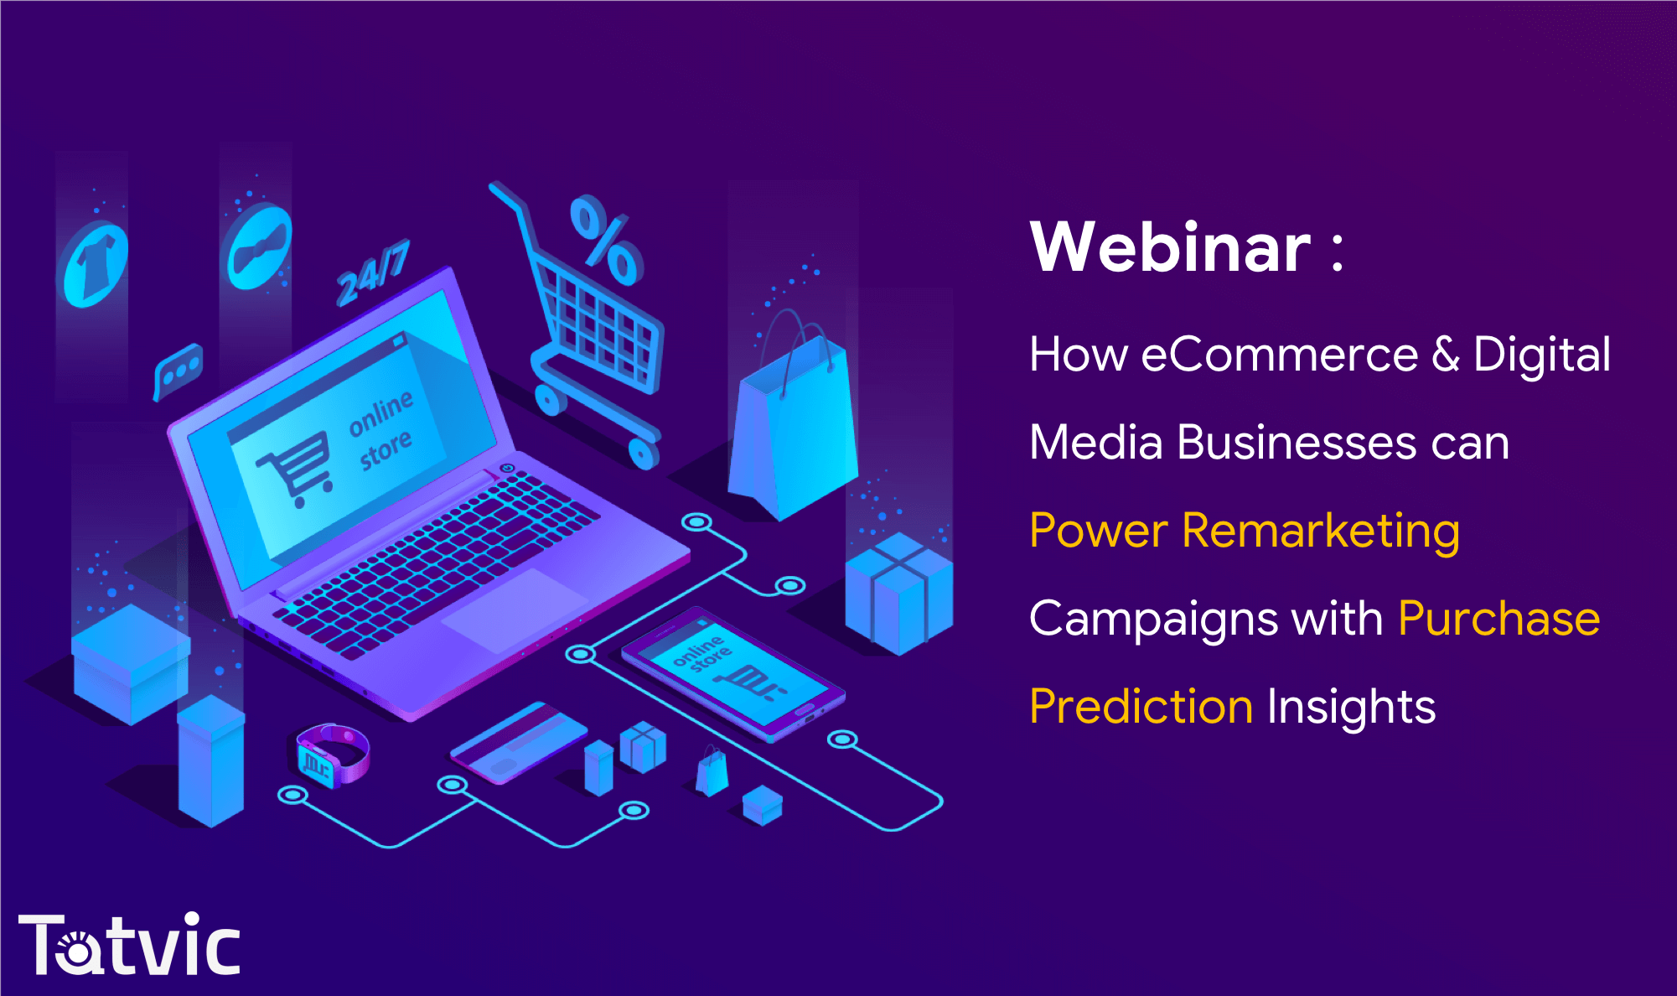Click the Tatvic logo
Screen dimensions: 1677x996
(x=129, y=944)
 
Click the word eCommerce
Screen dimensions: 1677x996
(x=1279, y=354)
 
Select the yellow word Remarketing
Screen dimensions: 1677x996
(x=1321, y=532)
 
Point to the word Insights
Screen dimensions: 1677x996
(x=1352, y=707)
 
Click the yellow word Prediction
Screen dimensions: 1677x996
(x=1141, y=707)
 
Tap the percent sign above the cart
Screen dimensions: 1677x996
(x=605, y=240)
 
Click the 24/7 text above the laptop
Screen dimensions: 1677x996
(x=373, y=272)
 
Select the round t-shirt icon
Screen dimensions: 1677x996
(x=96, y=264)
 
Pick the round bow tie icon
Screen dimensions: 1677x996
(x=260, y=247)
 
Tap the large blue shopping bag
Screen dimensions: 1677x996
(x=793, y=417)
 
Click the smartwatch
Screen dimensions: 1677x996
(x=332, y=755)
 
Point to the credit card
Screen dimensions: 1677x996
(x=519, y=742)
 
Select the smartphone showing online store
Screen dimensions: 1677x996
(x=732, y=674)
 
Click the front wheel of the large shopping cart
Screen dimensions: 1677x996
(x=644, y=454)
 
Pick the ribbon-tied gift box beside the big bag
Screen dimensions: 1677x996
(x=899, y=594)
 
